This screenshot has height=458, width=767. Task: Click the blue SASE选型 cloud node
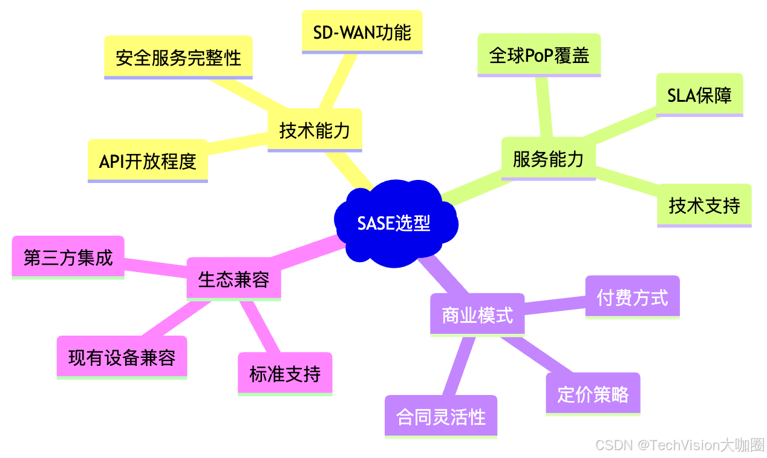(x=394, y=223)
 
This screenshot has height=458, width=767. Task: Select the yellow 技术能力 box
(x=315, y=130)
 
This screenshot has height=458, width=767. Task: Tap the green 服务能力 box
(x=548, y=159)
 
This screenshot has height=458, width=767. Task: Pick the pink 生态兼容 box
(x=233, y=279)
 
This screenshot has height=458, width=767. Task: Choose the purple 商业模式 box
(x=477, y=315)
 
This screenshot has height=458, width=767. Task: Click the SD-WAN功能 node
(x=362, y=32)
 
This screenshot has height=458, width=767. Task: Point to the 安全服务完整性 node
(x=178, y=58)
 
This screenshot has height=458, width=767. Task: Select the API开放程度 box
(x=148, y=161)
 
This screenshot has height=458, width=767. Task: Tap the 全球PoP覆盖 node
(x=539, y=55)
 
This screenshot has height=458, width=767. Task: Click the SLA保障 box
(x=699, y=95)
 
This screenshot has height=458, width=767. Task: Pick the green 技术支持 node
(x=704, y=205)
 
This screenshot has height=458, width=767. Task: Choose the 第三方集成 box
(x=68, y=257)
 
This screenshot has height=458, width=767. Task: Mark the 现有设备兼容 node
(x=122, y=357)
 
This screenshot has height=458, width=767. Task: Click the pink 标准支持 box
(x=285, y=374)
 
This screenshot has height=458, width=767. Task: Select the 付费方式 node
(x=632, y=297)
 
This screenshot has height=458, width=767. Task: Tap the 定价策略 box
(x=593, y=394)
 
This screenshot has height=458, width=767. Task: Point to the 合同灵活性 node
(x=441, y=416)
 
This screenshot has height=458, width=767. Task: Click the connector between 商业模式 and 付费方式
(x=555, y=305)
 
